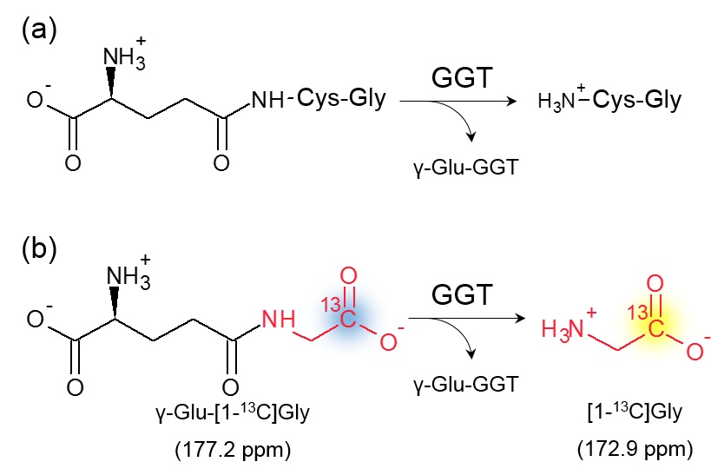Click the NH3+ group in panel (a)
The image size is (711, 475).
(x=123, y=56)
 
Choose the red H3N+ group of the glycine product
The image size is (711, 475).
(x=564, y=327)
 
